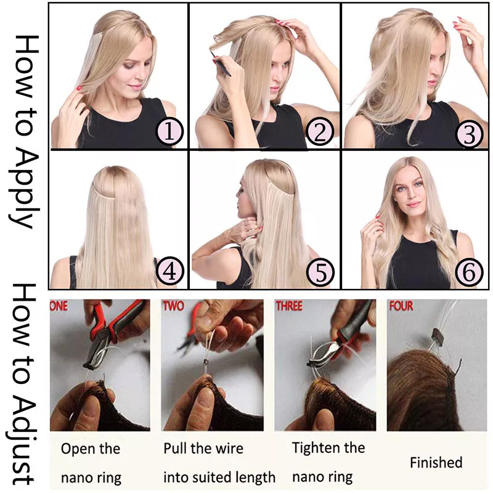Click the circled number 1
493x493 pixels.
[169, 132]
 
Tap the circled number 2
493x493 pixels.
[320, 132]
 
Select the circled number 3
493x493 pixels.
[470, 134]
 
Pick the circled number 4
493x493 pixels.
[170, 271]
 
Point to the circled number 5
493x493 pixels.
[321, 272]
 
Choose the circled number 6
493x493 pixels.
[470, 272]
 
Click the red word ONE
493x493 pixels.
[59, 306]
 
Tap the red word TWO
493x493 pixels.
[173, 306]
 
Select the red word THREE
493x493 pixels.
[288, 306]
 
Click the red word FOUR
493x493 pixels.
[401, 306]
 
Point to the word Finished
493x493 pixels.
[436, 463]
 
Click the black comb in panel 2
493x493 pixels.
[222, 66]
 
